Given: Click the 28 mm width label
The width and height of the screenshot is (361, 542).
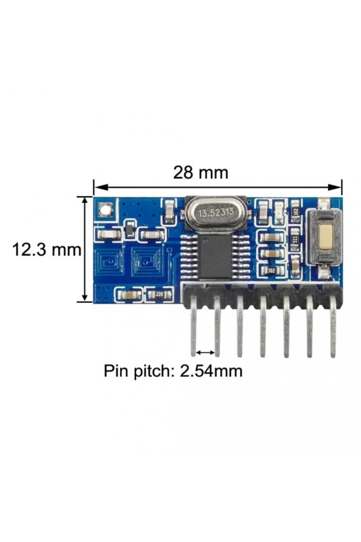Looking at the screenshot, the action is point(200,172).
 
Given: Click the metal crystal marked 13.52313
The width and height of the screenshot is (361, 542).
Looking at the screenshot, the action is point(216,213).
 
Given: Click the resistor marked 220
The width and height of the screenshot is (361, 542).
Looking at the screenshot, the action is point(159,294).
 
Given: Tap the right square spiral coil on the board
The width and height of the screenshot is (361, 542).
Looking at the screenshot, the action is point(145,261).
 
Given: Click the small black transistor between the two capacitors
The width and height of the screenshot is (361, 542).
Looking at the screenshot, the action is point(130,229).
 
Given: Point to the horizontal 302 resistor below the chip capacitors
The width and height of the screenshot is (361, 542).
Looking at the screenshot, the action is point(271,271).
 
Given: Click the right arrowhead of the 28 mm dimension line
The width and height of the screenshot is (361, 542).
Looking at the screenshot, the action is point(336,186).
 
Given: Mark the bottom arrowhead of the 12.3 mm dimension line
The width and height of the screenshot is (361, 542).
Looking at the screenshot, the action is point(84,295).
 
